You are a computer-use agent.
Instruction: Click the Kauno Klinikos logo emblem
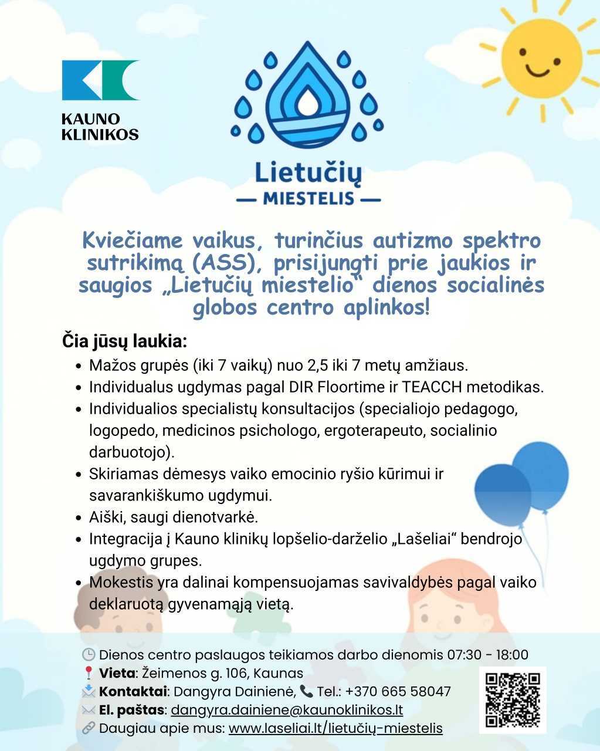[100, 80]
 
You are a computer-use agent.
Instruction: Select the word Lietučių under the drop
[308, 172]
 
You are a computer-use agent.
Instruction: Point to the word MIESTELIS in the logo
[309, 198]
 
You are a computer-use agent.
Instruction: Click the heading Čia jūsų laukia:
[124, 341]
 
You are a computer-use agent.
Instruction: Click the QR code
[513, 700]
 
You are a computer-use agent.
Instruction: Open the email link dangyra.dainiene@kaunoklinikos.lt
[287, 710]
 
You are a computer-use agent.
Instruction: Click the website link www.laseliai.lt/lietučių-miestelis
[335, 729]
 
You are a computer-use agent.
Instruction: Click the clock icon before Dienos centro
[89, 655]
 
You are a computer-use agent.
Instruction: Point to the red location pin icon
[89, 673]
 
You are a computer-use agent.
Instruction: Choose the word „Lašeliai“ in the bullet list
[417, 539]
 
